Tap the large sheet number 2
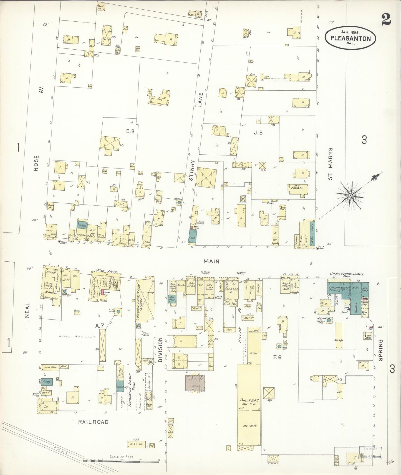pyautogui.click(x=386, y=20)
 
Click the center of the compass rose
pyautogui.click(x=350, y=196)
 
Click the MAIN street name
pyautogui.click(x=211, y=261)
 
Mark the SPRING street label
pyautogui.click(x=380, y=350)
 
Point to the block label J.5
pyautogui.click(x=258, y=132)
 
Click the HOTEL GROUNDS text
pyautogui.click(x=77, y=336)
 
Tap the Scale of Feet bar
pyautogui.click(x=121, y=459)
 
